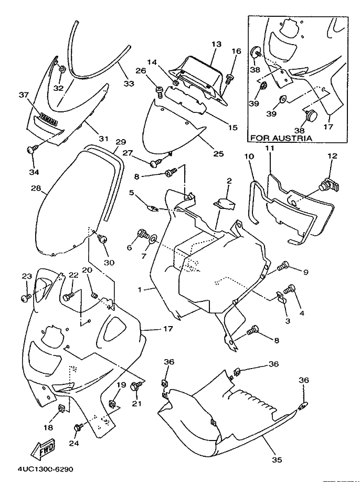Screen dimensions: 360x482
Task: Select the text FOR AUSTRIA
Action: [x=281, y=138]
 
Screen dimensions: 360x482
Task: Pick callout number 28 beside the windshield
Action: [x=36, y=188]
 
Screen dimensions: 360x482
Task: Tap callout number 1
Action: [x=140, y=290]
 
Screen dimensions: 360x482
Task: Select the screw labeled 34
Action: [x=32, y=149]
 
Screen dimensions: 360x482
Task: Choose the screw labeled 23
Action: [x=26, y=297]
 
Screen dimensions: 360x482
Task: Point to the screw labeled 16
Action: [x=229, y=79]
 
